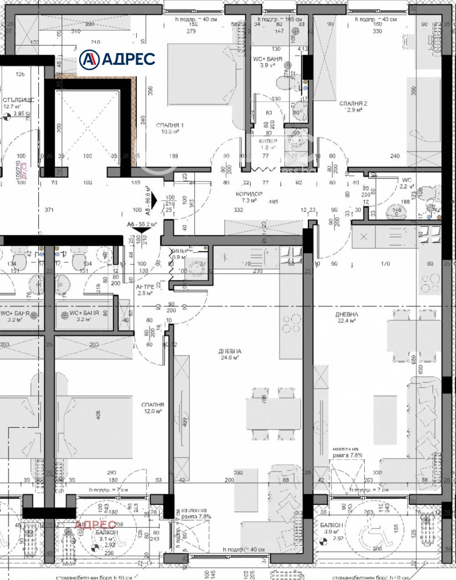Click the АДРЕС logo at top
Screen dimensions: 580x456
[x=116, y=59]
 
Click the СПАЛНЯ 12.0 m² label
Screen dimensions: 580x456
[x=153, y=407]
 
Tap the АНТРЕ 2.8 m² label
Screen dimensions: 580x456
[x=144, y=289]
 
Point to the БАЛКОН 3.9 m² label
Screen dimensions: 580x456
[x=331, y=528]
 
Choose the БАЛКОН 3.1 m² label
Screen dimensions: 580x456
[x=107, y=535]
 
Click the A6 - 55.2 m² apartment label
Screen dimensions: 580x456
[x=142, y=225]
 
